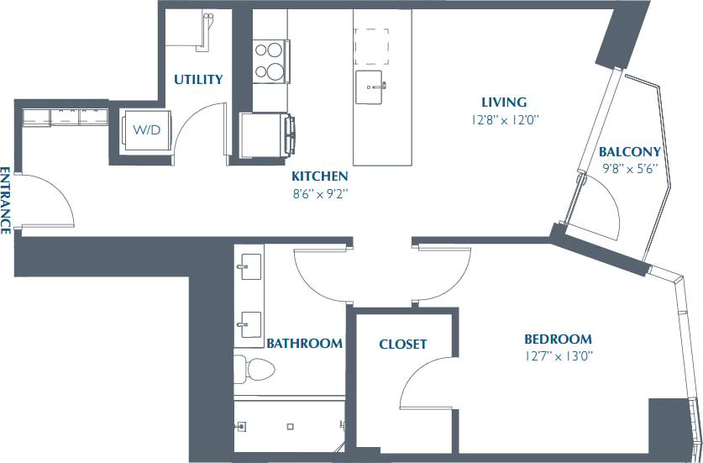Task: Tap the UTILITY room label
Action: (198, 80)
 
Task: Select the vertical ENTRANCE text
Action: (6, 200)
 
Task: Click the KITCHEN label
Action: (319, 176)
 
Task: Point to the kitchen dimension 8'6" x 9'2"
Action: (319, 193)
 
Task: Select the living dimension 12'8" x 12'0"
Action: (504, 119)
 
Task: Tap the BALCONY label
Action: (630, 152)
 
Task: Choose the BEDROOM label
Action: (558, 339)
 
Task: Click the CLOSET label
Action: (402, 344)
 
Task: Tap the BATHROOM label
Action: (304, 343)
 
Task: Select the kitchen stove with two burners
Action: (270, 59)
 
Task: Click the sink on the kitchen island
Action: (370, 85)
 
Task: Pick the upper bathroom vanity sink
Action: (249, 271)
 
